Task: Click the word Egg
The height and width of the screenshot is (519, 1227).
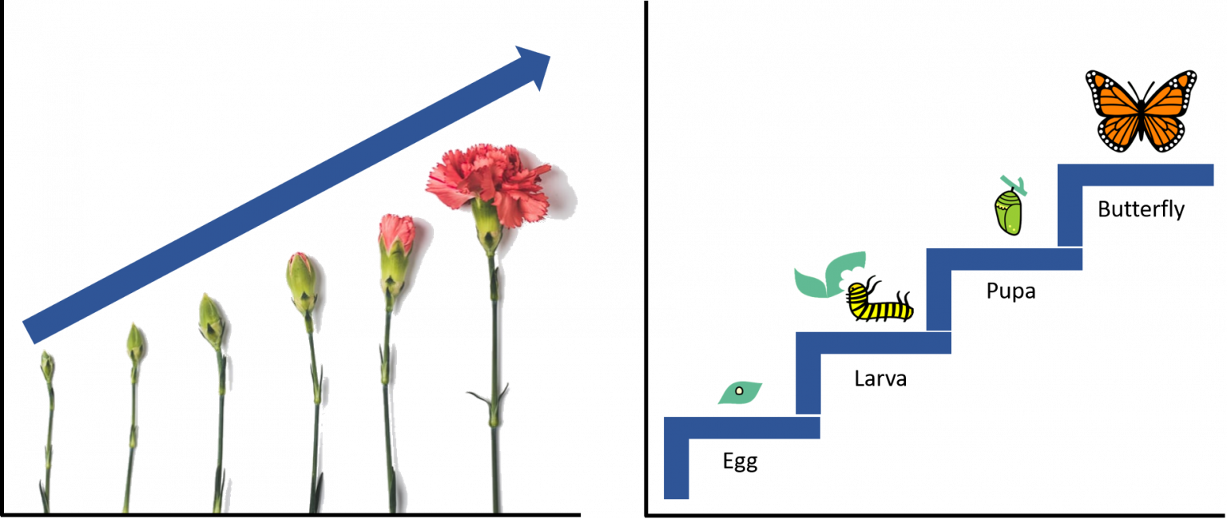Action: tap(740, 462)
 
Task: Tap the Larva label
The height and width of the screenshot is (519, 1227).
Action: tap(880, 378)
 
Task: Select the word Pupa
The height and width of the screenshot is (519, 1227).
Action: tap(1011, 291)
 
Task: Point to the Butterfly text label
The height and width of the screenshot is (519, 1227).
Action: tap(1141, 209)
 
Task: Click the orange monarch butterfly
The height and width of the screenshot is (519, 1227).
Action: tap(1141, 111)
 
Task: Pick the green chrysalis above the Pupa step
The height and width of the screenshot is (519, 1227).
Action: tap(1008, 212)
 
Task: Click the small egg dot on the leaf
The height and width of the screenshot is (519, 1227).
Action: tap(739, 391)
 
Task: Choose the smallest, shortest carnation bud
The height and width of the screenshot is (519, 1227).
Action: tap(47, 366)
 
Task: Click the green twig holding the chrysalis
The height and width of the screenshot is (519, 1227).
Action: tap(1014, 185)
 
